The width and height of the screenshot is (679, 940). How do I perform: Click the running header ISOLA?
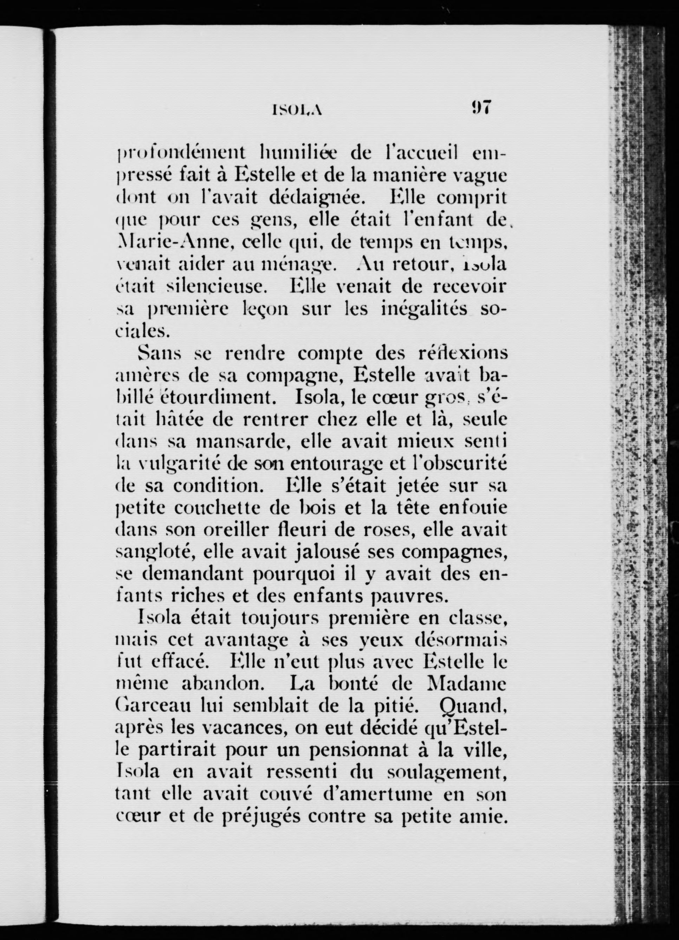(297, 109)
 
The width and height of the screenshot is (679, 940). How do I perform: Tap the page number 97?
(480, 107)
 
